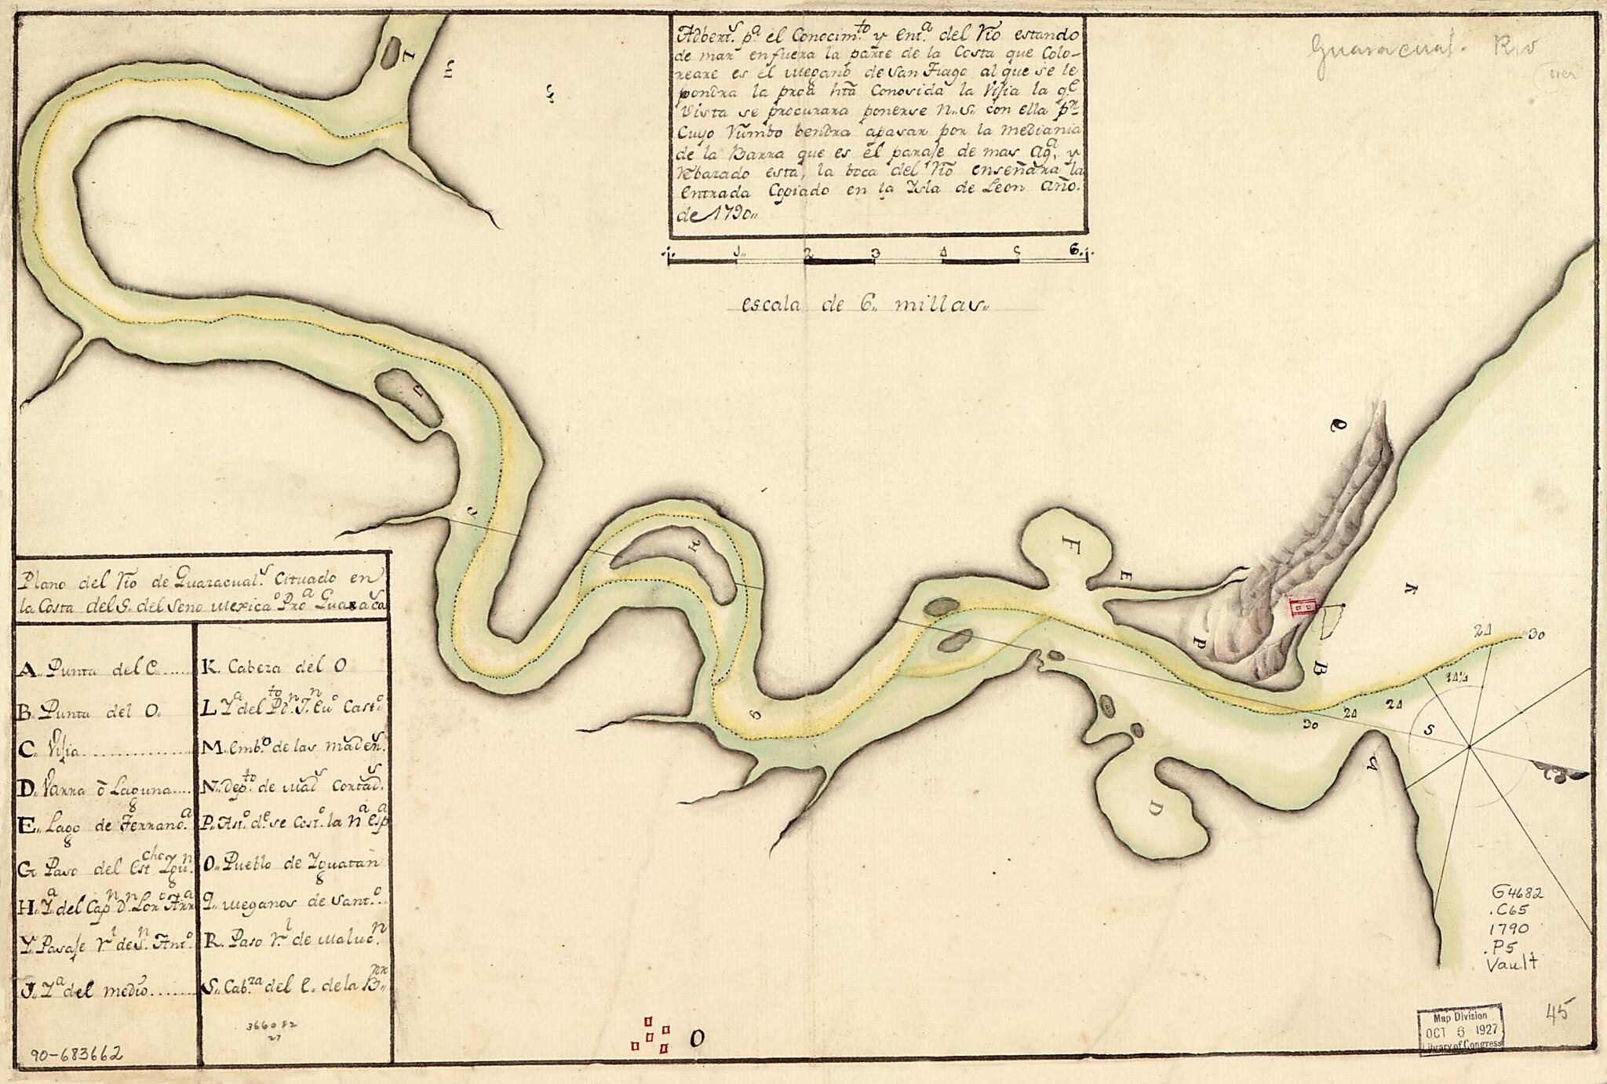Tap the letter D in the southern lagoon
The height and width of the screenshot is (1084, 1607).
pyautogui.click(x=1155, y=808)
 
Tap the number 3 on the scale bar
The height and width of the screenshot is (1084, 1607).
pyautogui.click(x=873, y=253)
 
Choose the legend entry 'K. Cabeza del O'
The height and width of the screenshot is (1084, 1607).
pyautogui.click(x=275, y=667)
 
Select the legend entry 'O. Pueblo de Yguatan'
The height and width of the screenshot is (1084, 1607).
pyautogui.click(x=290, y=863)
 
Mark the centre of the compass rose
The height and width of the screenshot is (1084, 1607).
pyautogui.click(x=1469, y=745)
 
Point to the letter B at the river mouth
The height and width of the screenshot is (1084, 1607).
pyautogui.click(x=1320, y=669)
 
